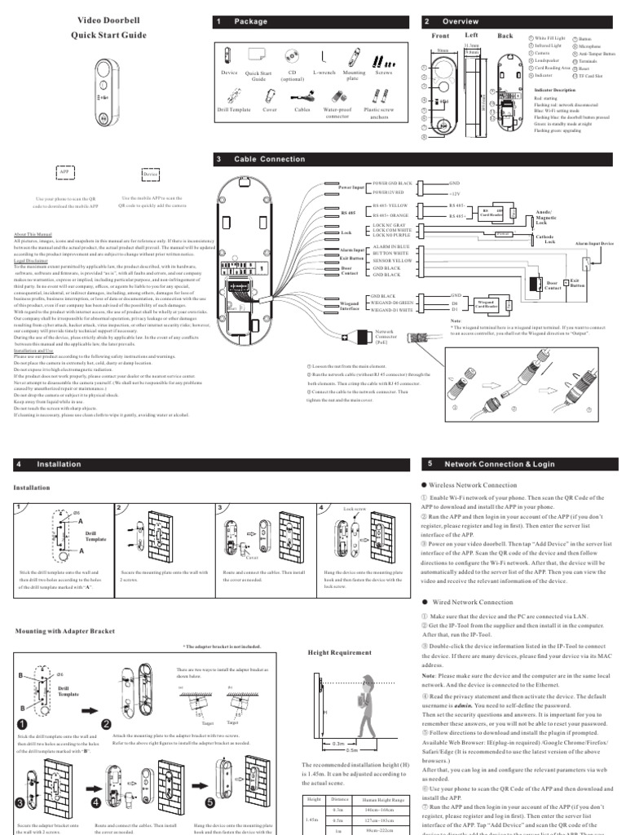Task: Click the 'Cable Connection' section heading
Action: tap(260, 159)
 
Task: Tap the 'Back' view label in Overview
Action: tap(505, 36)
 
